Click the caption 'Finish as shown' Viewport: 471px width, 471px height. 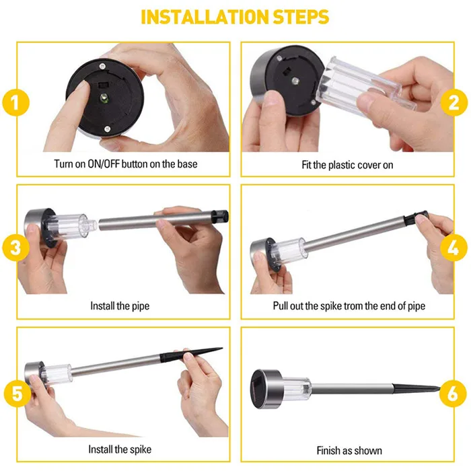349,450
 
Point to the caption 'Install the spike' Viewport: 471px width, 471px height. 120,449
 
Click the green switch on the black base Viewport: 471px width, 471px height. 104,98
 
